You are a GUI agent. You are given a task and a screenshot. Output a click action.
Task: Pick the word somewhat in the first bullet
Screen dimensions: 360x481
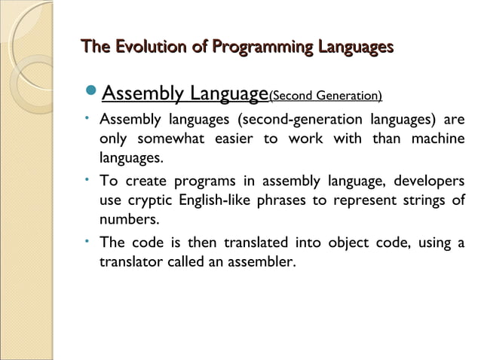click(167, 141)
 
